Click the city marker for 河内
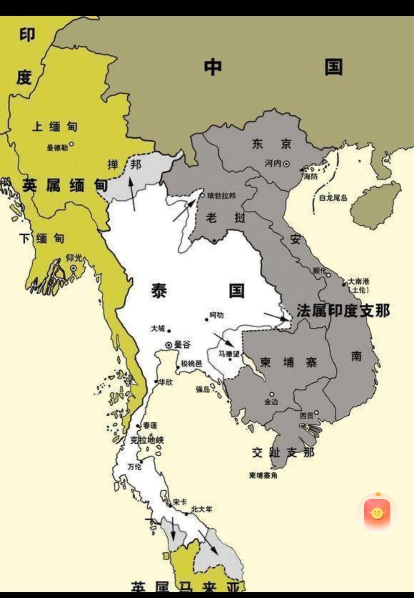coord(286,164)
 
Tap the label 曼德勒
coord(57,148)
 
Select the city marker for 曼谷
coord(168,345)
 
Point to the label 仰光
coord(74,258)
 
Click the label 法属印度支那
coord(343,311)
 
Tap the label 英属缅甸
coord(64,185)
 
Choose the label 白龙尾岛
coord(333,198)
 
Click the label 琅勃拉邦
coord(221,196)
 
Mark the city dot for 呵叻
coord(207,319)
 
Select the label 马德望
coord(229,354)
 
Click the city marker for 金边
coord(272,394)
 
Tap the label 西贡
coord(307,415)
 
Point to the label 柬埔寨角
coord(263,475)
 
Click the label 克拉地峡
coord(147,440)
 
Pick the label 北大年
coord(201,509)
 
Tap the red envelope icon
coord(377,512)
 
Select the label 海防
coord(310,177)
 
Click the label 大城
coord(158,329)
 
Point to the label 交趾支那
coord(283,453)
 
